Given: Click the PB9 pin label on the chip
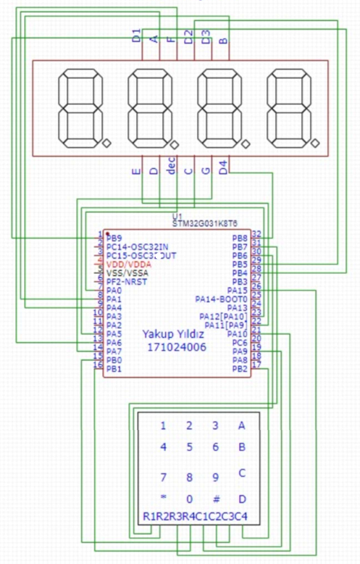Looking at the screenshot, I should (x=114, y=238).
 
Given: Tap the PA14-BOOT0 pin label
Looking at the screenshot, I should (x=222, y=299).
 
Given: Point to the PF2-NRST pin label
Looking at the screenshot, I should (x=127, y=281).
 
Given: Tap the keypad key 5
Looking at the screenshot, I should (x=189, y=447).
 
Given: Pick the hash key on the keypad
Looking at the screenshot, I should (x=215, y=499).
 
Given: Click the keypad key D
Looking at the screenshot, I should (x=242, y=499).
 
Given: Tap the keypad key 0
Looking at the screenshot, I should (x=189, y=499).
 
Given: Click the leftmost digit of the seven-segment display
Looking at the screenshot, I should (x=80, y=108).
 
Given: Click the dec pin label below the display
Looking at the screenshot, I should (x=172, y=169).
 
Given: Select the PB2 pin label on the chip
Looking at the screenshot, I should (x=240, y=369).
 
